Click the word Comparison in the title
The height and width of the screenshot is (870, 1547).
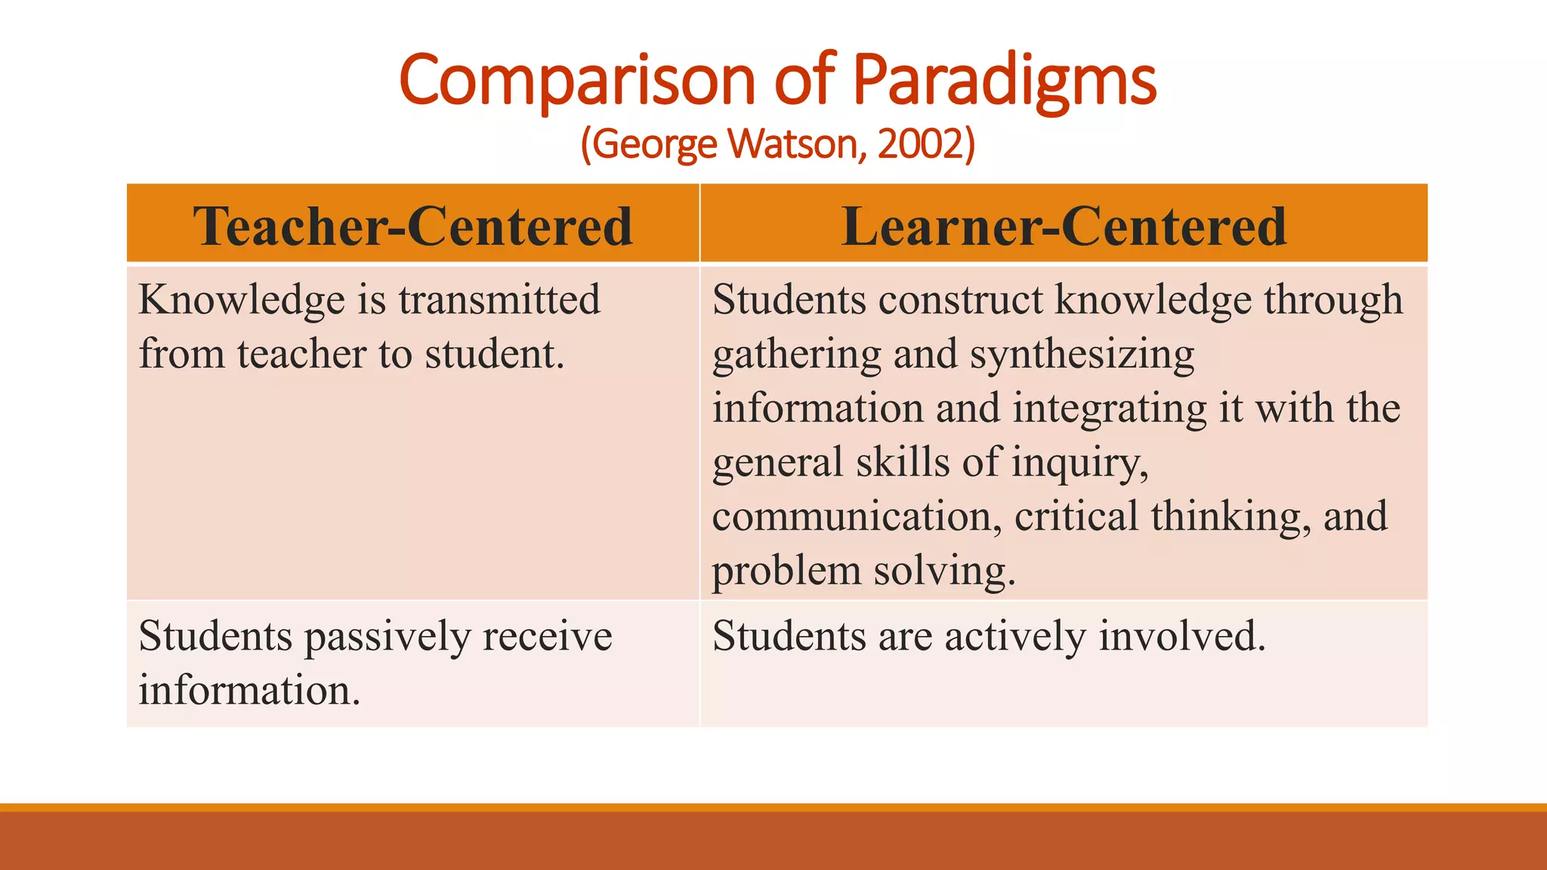[x=577, y=82]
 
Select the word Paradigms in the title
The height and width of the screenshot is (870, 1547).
[x=1005, y=82]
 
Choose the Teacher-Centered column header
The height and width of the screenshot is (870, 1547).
[x=412, y=226]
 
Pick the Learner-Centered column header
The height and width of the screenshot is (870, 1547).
[x=1064, y=226]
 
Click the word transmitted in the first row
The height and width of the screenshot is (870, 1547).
[x=499, y=300]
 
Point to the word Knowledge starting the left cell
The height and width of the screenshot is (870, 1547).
[x=242, y=300]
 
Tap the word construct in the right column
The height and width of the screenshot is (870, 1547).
[x=960, y=300]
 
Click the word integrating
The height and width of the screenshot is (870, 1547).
[x=1109, y=409]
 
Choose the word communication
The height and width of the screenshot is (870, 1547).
[x=857, y=517]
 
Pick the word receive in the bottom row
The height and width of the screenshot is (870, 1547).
[x=547, y=637]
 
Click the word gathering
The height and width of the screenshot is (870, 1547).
[x=796, y=355]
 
